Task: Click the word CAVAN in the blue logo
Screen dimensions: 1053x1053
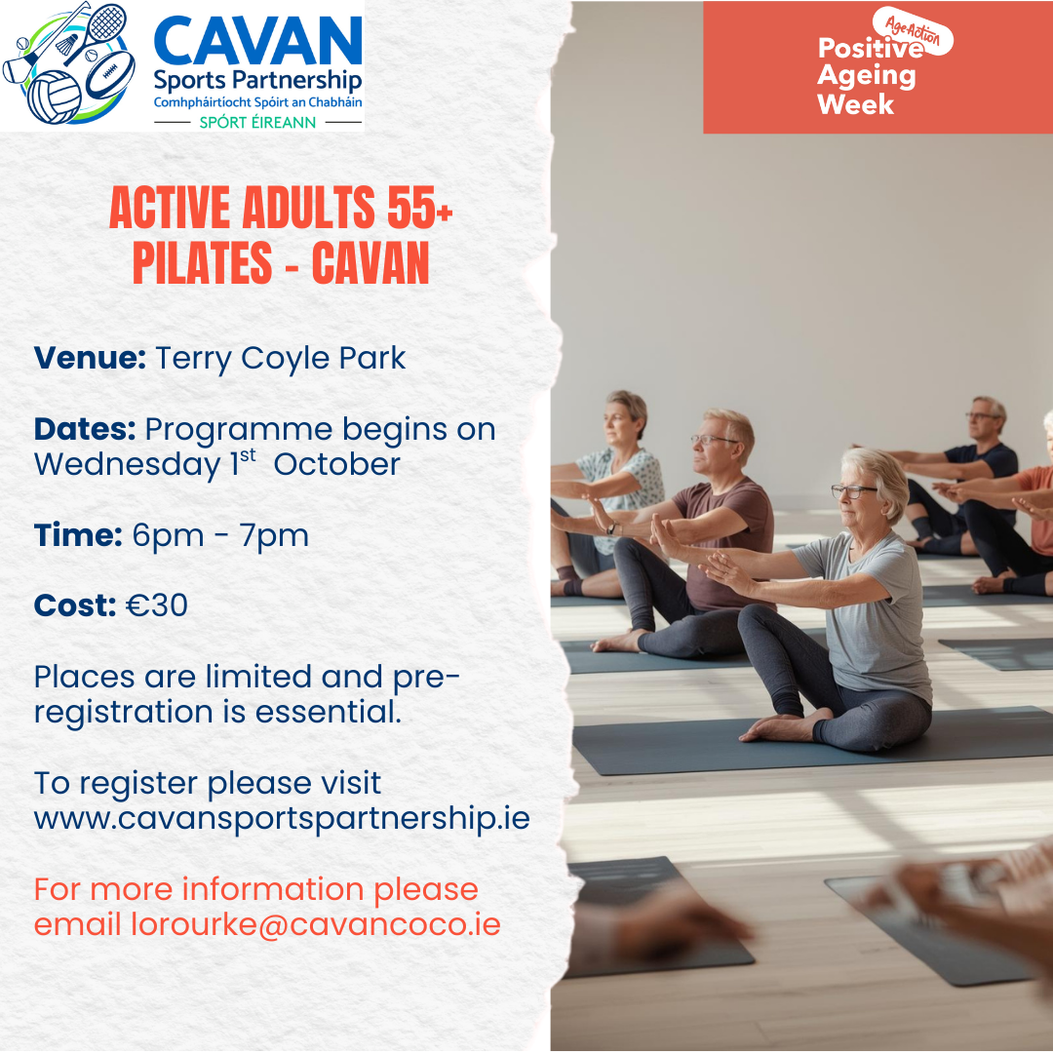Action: point(257,42)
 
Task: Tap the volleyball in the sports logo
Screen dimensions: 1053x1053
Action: point(54,97)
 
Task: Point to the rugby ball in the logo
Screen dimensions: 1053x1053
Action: point(109,74)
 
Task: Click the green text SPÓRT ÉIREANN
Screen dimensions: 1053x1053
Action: point(257,122)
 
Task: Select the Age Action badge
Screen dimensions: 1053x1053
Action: point(914,30)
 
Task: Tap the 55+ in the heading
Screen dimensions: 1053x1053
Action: point(419,208)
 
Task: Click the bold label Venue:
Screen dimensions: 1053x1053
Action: point(90,357)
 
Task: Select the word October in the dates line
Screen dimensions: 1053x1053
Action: point(337,464)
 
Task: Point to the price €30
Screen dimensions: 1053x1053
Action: point(157,605)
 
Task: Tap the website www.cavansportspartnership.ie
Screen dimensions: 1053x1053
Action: point(282,819)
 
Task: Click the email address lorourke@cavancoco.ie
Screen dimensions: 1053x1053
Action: point(316,924)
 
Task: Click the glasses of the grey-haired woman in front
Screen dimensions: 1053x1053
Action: point(853,490)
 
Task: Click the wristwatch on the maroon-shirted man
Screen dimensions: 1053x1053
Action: point(611,528)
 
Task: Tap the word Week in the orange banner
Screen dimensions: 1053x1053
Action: point(856,104)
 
